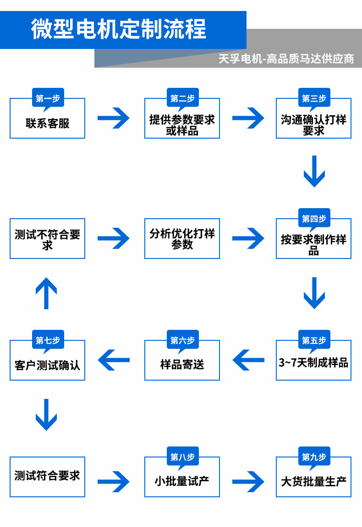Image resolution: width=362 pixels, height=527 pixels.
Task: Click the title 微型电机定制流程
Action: pos(119,29)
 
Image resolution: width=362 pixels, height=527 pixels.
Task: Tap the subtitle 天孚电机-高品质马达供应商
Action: pos(286,59)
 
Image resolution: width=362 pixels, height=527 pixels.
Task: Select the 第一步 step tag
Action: pos(48,98)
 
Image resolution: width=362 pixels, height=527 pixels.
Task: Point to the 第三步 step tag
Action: pos(314,98)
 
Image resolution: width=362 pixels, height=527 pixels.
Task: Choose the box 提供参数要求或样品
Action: pos(182,124)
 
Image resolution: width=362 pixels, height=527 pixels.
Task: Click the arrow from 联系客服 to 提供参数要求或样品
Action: pos(114,118)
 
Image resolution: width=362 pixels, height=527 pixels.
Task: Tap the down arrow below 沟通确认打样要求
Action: pos(314,171)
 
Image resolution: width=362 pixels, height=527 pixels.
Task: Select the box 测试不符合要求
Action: pos(48,239)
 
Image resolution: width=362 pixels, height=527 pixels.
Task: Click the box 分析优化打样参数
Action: pos(182,239)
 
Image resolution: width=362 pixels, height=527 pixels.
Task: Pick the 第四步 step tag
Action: pos(314,219)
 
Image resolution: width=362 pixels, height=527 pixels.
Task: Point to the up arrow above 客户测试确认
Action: pos(46,293)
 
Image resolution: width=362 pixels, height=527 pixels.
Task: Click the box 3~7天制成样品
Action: pos(313,363)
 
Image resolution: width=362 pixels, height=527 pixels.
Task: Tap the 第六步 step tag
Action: pos(182,340)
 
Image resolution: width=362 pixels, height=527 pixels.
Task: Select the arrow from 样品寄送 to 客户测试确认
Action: pos(114,360)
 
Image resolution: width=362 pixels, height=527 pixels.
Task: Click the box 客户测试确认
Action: pos(48,365)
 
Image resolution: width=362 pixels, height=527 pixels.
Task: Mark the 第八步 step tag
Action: pos(182,457)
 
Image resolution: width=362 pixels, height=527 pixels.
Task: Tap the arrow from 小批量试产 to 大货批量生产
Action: pos(248,481)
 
